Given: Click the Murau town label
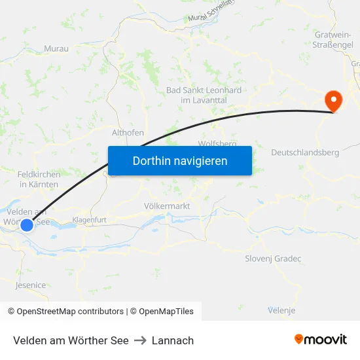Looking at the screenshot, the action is point(56,48).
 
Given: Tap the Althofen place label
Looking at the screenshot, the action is point(128,132).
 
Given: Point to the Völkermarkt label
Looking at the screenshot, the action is point(166,206).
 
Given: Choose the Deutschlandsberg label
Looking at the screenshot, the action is point(305,153).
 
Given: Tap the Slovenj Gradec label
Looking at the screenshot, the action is point(273,259).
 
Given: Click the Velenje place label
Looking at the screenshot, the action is point(281,310).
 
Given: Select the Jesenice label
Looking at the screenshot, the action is point(31,285).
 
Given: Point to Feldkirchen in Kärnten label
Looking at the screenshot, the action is point(39,179).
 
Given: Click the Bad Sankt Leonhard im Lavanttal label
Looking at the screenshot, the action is point(204,95).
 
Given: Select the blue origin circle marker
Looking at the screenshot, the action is point(27,225).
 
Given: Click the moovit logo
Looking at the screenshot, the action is point(321,340).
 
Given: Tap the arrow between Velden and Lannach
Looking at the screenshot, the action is point(140,340).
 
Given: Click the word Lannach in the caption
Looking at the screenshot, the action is point(173,340).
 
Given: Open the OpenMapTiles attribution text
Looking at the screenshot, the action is point(162,312).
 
